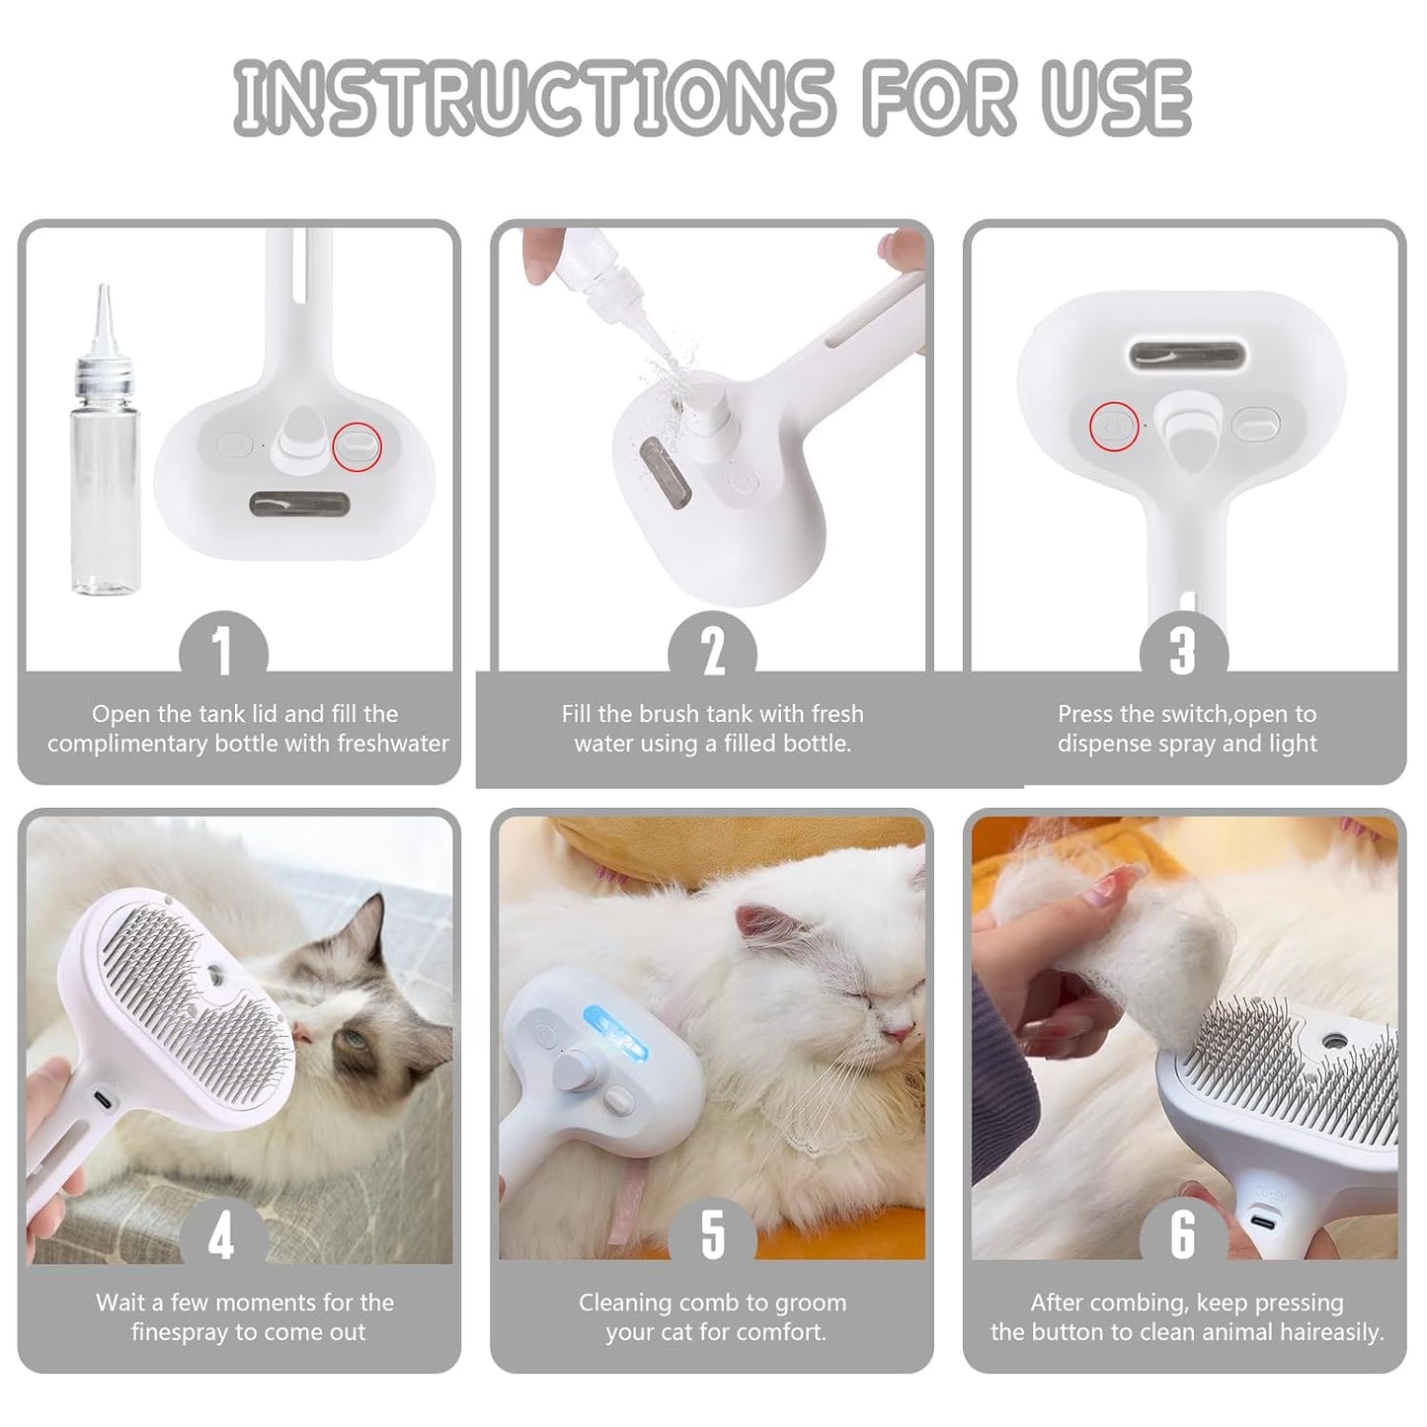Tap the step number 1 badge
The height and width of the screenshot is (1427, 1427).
click(x=223, y=650)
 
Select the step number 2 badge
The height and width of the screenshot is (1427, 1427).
click(x=712, y=650)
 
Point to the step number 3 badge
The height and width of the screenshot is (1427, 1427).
click(x=1183, y=650)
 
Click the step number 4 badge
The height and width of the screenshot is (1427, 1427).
click(x=222, y=1235)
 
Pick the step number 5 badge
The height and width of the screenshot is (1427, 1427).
click(x=712, y=1235)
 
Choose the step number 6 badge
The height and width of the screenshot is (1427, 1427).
click(x=1183, y=1235)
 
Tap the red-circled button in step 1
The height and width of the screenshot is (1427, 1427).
click(x=357, y=446)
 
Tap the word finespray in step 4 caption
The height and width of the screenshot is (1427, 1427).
click(x=186, y=1332)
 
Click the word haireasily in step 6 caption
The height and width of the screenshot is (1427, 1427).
click(x=1330, y=1332)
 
